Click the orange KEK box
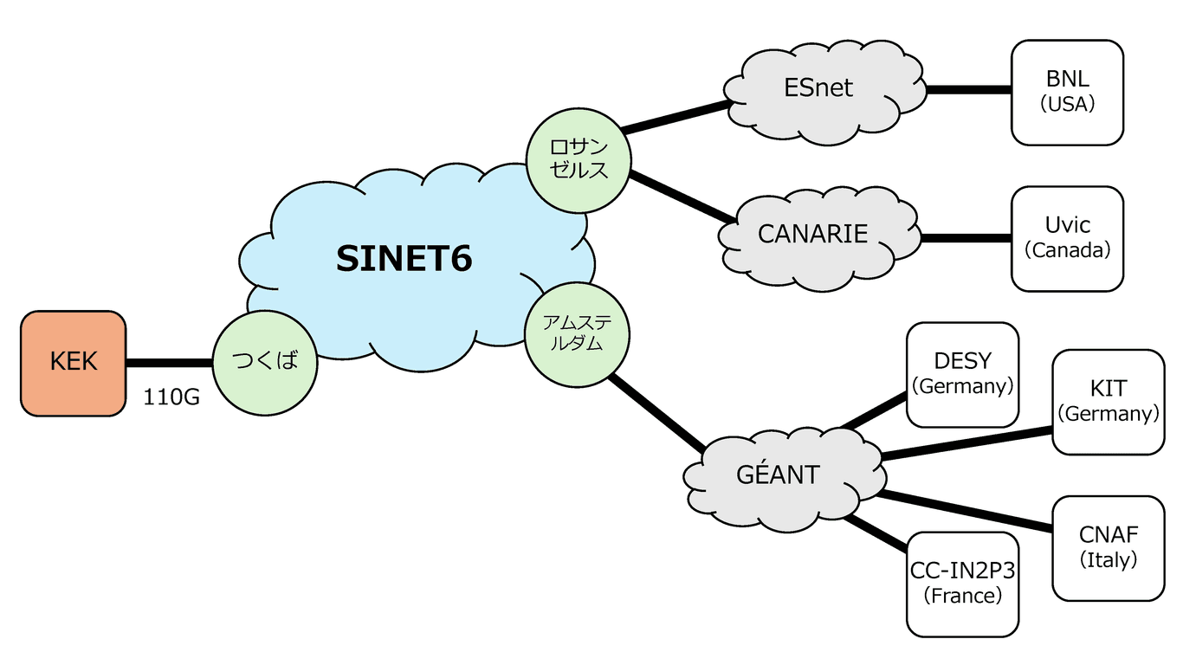[74, 363]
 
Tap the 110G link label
[171, 398]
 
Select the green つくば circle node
[265, 362]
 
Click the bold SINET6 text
[404, 258]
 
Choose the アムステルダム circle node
[578, 333]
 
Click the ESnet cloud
[818, 87]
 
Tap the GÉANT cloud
[778, 475]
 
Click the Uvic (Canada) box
[1067, 238]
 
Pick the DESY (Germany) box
[962, 374]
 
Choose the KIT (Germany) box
[1109, 402]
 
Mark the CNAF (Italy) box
[1109, 547]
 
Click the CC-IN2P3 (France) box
[962, 584]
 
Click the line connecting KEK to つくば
[169, 363]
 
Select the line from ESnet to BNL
[968, 89]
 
